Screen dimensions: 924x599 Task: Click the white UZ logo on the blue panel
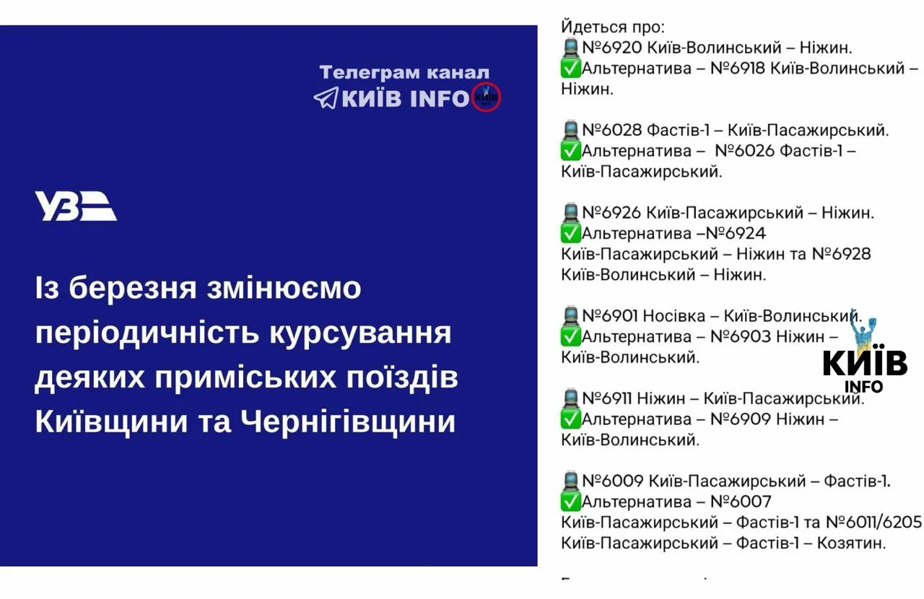(x=76, y=206)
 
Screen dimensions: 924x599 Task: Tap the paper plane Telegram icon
(x=326, y=97)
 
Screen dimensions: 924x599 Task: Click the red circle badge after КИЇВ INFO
(x=487, y=97)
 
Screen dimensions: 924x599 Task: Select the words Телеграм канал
(x=404, y=72)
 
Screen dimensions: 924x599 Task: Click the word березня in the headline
(x=132, y=288)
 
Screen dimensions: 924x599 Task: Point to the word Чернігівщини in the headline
(x=348, y=421)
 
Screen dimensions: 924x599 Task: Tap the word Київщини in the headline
(x=111, y=421)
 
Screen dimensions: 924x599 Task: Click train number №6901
(x=610, y=316)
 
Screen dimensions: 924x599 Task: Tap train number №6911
(x=607, y=398)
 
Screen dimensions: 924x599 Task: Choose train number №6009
(x=613, y=481)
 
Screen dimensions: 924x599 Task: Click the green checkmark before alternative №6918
(x=571, y=69)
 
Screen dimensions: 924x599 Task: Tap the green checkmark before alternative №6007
(x=571, y=502)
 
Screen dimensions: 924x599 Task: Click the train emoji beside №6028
(x=571, y=130)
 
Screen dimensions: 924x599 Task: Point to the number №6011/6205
(x=873, y=523)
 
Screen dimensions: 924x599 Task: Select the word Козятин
(x=851, y=543)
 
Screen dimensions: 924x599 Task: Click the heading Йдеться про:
(x=613, y=27)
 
